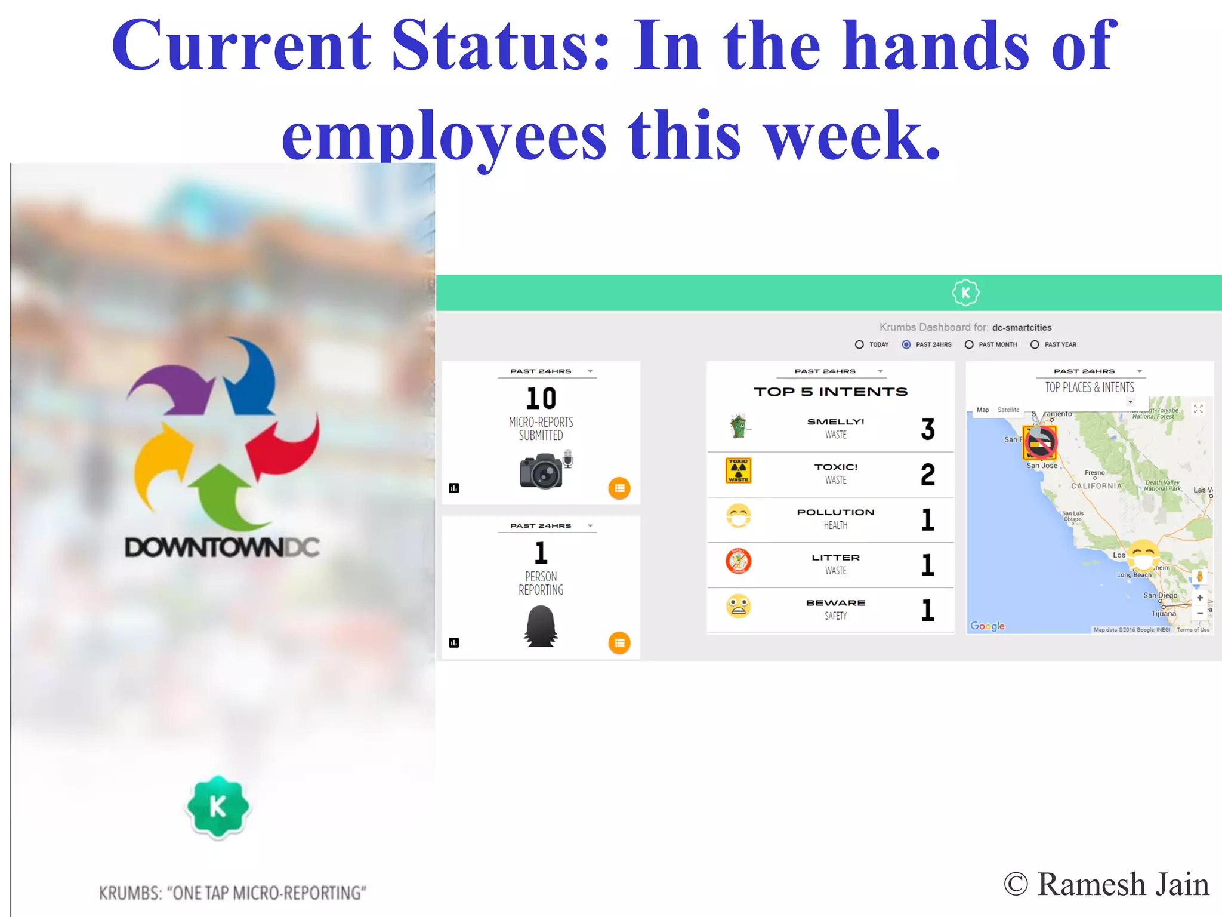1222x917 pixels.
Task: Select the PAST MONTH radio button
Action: pyautogui.click(x=969, y=344)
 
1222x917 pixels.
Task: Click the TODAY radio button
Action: pyautogui.click(x=859, y=344)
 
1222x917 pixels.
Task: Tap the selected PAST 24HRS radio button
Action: pyautogui.click(x=906, y=344)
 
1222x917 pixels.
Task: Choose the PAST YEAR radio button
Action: pyautogui.click(x=1035, y=344)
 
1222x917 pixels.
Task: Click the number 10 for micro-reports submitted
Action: pyautogui.click(x=541, y=398)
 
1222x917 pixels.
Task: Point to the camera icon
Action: pyautogui.click(x=542, y=471)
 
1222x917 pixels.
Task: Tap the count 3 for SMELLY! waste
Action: pyautogui.click(x=927, y=429)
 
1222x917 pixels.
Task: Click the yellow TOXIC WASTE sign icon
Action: pyautogui.click(x=738, y=470)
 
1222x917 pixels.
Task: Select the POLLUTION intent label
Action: pyautogui.click(x=835, y=512)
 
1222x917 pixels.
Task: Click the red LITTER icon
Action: pyautogui.click(x=738, y=561)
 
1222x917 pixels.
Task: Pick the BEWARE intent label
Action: pyautogui.click(x=835, y=603)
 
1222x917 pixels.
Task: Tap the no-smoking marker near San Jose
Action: pyautogui.click(x=1040, y=442)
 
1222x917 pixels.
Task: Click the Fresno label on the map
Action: pyautogui.click(x=1094, y=472)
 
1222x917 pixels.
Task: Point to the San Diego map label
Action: pyautogui.click(x=1160, y=595)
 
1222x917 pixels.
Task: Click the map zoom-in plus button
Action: pyautogui.click(x=1199, y=598)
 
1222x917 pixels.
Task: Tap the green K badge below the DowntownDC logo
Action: pyautogui.click(x=218, y=807)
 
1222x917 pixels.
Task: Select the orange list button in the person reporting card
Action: pyautogui.click(x=619, y=643)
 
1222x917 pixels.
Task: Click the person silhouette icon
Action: pyautogui.click(x=541, y=626)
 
